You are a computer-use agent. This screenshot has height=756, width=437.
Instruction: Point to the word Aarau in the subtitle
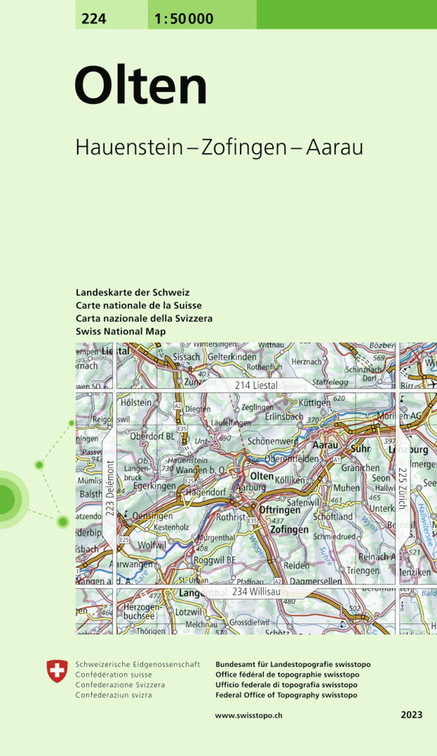coord(334,147)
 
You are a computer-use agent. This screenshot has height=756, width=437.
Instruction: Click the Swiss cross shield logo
coord(57,671)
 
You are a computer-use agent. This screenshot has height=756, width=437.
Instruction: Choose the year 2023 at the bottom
coord(411,714)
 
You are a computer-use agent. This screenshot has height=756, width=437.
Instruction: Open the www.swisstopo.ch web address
coord(249,715)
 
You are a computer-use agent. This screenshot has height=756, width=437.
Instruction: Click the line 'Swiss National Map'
coord(120,332)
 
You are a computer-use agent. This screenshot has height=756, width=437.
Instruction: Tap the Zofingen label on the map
coord(289,529)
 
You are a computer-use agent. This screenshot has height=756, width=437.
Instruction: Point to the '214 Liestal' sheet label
coord(256,385)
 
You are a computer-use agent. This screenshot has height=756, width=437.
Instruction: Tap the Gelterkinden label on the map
coord(232,357)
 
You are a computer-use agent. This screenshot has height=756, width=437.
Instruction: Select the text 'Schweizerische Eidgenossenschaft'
coord(138,664)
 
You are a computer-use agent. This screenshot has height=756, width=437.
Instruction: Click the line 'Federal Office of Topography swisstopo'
coord(287,695)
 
